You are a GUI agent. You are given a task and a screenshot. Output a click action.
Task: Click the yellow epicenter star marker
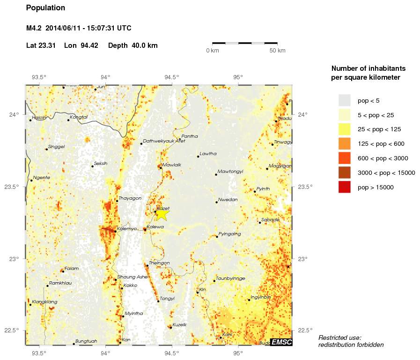pos(162,214)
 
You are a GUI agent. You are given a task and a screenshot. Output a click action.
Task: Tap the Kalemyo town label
pos(127,229)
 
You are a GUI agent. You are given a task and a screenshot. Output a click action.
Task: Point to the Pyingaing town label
pos(229,233)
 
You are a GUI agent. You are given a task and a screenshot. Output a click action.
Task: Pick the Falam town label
pos(71,269)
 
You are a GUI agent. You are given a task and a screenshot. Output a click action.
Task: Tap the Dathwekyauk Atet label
pos(164,141)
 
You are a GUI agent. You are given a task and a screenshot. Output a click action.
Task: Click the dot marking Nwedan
pos(216,202)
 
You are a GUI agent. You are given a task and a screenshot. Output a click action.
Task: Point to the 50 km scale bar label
pos(278,51)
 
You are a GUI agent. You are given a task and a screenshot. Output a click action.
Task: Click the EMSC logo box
pos(282,343)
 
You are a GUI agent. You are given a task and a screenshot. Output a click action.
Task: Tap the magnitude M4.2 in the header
pos(34,29)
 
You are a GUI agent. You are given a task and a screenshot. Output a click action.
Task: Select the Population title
pos(45,8)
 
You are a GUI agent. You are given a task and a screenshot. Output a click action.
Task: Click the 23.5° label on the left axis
pos(17,187)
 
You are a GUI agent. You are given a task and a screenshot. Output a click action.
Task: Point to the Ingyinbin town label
pos(261,297)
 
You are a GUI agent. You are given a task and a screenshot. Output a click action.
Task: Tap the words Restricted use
pos(339,337)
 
